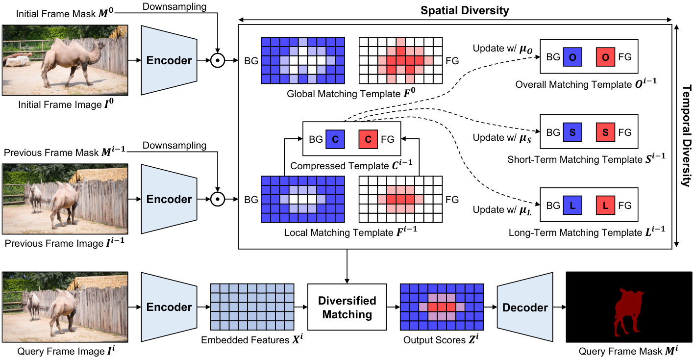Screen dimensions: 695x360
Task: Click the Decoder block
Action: [525, 307]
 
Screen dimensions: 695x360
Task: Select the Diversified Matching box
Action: [347, 307]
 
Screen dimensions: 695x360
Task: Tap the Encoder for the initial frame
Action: [169, 60]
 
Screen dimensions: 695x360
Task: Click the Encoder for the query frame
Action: [169, 307]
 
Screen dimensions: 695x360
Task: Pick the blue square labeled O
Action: [572, 57]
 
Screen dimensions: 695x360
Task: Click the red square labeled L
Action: [605, 206]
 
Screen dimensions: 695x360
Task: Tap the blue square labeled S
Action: [572, 132]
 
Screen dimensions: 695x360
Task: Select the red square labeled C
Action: [368, 139]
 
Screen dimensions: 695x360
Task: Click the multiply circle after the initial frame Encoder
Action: [218, 60]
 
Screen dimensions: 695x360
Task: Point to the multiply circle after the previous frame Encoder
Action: [218, 199]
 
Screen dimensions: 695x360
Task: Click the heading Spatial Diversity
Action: [465, 11]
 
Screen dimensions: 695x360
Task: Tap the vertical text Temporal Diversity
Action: [687, 135]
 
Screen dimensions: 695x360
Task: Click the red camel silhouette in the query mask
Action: [627, 311]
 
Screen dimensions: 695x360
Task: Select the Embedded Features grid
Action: [252, 307]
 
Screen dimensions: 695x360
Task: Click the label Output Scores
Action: [434, 340]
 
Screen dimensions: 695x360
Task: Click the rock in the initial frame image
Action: [18, 60]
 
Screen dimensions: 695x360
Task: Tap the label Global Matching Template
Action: [344, 94]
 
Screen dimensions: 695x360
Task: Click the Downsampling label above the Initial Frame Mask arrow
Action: [174, 6]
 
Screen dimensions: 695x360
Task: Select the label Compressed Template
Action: [340, 166]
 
